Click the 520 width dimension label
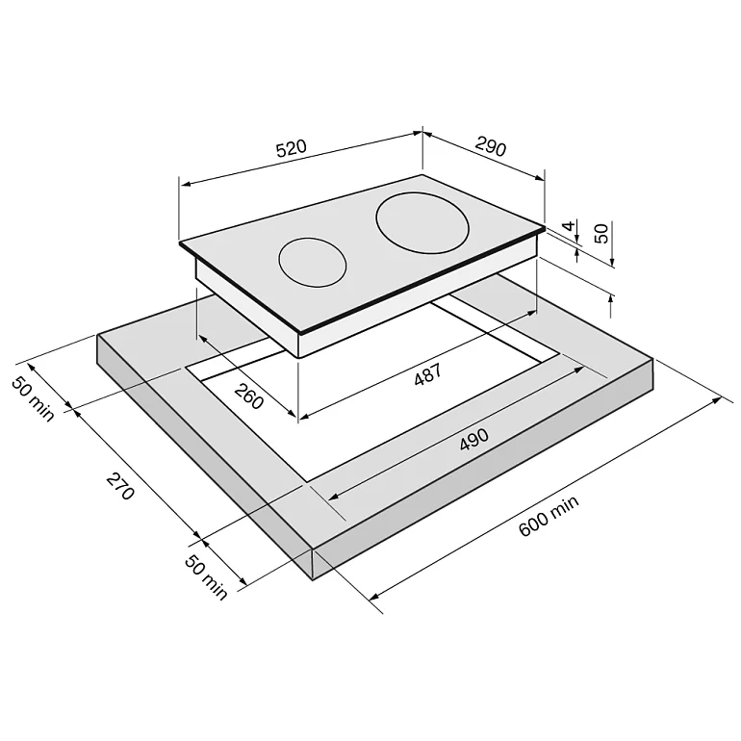click(291, 148)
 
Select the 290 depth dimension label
click(491, 146)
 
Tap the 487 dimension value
click(427, 374)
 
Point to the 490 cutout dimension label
click(474, 440)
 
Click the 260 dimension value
click(248, 396)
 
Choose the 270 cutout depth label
click(120, 486)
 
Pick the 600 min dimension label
click(549, 516)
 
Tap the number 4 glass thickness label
click(570, 225)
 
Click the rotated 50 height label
click(601, 234)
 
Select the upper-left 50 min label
click(33, 398)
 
